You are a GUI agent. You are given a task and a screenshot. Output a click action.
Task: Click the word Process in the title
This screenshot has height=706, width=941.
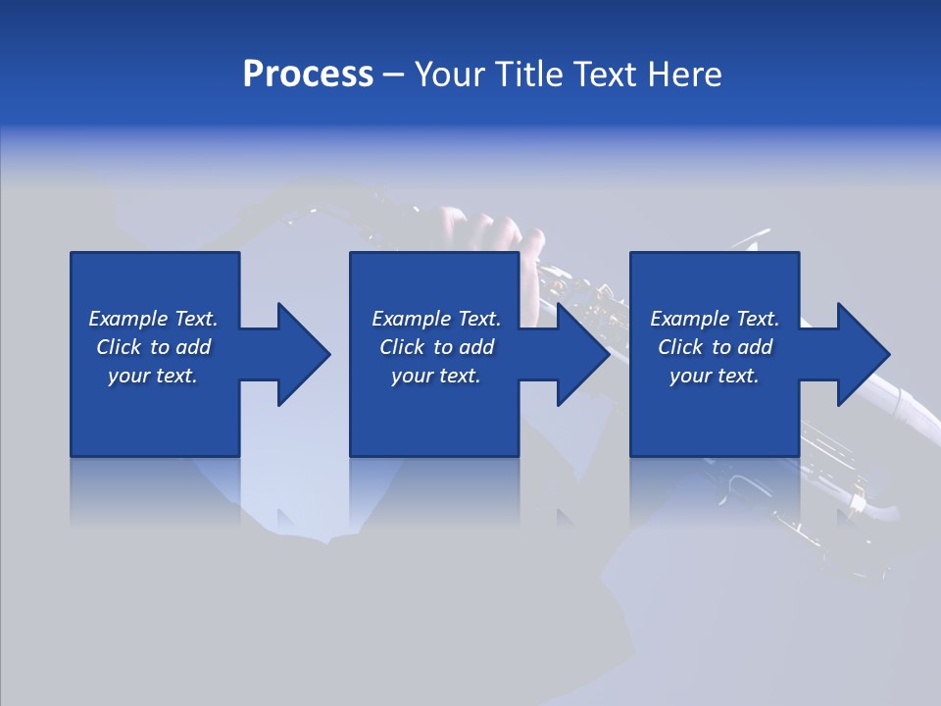pos(308,75)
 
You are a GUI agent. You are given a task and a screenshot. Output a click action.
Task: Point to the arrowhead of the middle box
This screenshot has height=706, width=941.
pos(578,354)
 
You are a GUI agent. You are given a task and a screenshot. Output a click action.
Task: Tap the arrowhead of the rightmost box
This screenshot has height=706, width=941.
pos(859,354)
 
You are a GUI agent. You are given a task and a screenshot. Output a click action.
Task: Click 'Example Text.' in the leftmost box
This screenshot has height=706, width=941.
pos(153,319)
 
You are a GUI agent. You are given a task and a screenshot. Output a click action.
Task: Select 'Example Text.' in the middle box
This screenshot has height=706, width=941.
pos(436,319)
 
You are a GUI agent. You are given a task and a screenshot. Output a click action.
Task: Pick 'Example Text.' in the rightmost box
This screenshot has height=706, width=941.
pos(715,319)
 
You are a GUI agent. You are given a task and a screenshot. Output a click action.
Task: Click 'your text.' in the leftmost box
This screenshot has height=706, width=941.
pos(153,376)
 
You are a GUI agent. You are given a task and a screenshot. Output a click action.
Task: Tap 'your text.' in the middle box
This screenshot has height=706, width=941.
pos(436,376)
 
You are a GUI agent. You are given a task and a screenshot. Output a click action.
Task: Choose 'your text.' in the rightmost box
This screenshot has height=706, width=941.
pos(715,376)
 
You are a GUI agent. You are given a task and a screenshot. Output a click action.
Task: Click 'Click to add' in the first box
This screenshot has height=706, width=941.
pos(153,347)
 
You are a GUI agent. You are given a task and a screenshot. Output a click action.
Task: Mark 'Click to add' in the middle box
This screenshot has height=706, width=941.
pos(436,347)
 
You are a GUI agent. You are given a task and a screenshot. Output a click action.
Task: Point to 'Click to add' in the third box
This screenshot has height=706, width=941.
pos(715,347)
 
